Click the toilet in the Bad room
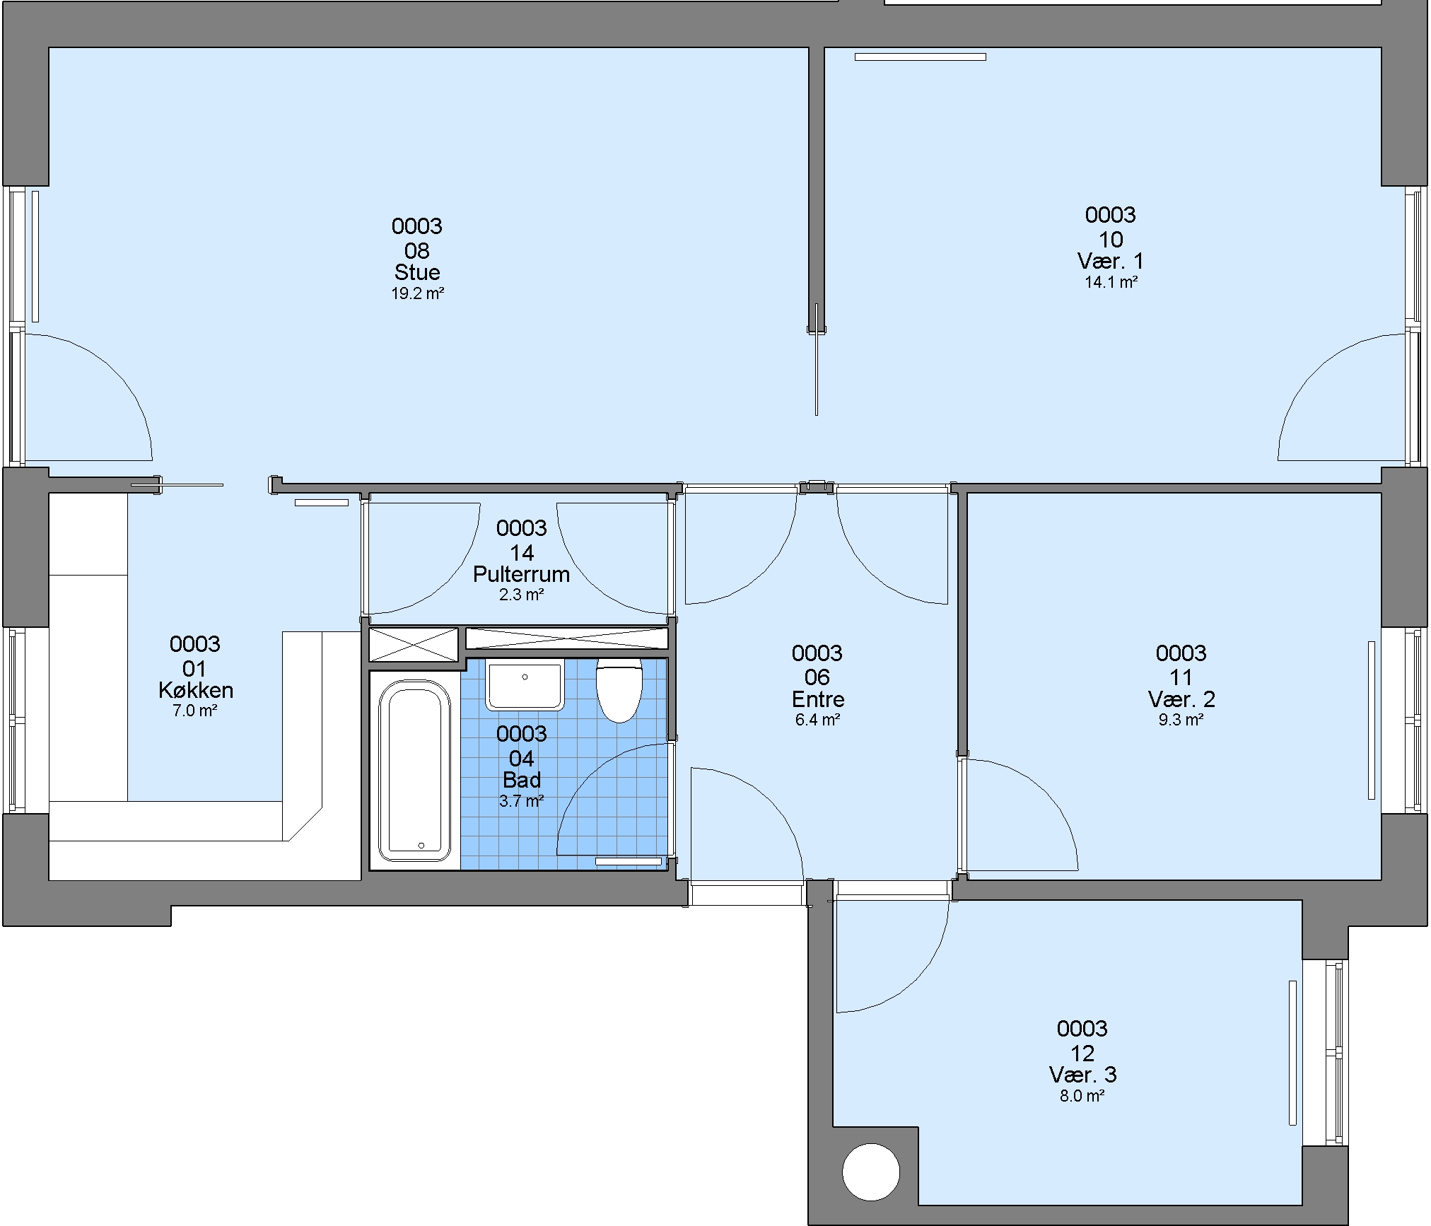(x=619, y=691)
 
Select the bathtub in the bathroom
(x=414, y=770)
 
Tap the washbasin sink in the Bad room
(x=525, y=687)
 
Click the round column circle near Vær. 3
(x=871, y=1172)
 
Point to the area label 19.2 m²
(x=418, y=293)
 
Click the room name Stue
(x=417, y=272)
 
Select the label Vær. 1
(x=1110, y=261)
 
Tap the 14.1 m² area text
(x=1111, y=282)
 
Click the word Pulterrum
(x=521, y=573)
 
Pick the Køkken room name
(x=196, y=690)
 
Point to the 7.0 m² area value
(x=195, y=711)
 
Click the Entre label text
(x=818, y=699)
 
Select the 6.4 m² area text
(x=818, y=720)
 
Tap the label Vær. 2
(x=1181, y=699)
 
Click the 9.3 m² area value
(x=1181, y=720)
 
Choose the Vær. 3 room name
(x=1082, y=1075)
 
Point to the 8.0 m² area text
(x=1082, y=1096)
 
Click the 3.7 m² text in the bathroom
(x=522, y=801)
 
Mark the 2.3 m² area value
(x=522, y=595)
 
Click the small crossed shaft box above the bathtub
(x=414, y=644)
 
